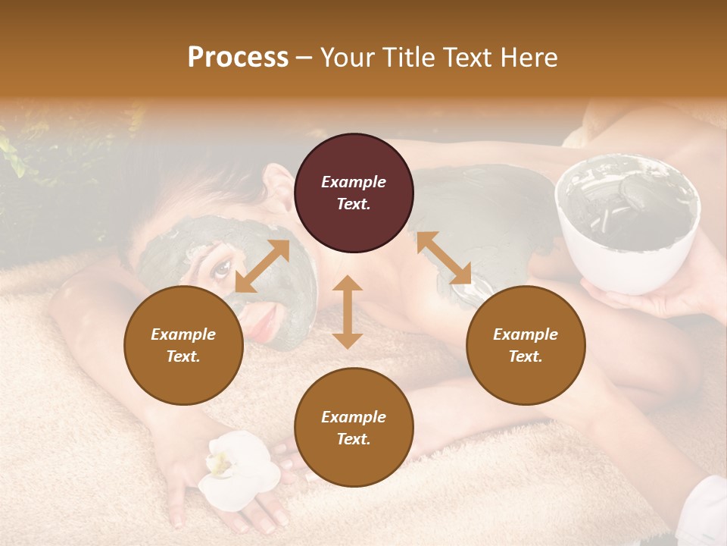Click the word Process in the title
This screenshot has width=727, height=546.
point(238,58)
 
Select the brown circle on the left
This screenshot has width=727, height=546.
point(183,346)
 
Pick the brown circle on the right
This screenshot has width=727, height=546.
point(526,346)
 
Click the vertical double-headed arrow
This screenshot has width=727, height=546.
point(348,312)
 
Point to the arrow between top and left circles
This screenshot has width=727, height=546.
point(262,266)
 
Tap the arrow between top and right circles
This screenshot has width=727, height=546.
point(444,258)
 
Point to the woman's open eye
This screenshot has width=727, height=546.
point(222,267)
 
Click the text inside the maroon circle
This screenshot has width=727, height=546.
point(354,193)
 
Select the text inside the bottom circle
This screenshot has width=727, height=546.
point(354,428)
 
